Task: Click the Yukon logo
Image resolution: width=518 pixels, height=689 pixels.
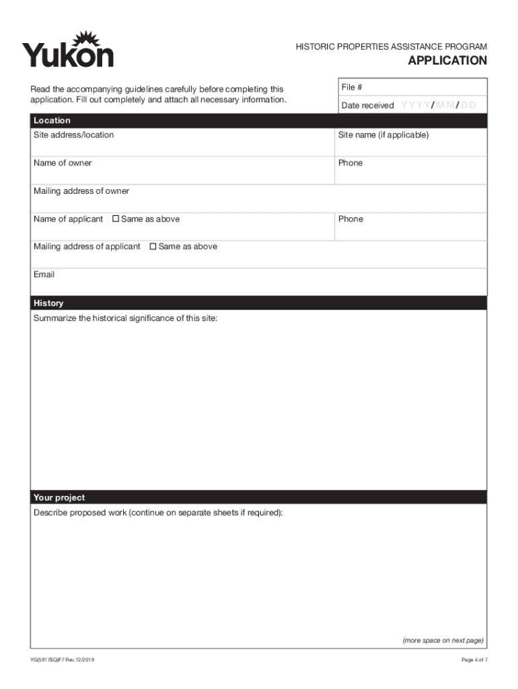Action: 68,50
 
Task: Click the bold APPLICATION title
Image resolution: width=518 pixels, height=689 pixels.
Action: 447,61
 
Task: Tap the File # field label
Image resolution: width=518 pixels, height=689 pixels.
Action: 352,87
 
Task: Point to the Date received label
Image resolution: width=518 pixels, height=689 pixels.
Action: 367,106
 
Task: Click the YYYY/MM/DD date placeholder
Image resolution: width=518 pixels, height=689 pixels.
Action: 439,106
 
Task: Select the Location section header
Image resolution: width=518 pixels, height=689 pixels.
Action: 52,120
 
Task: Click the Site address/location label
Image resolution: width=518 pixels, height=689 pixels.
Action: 74,135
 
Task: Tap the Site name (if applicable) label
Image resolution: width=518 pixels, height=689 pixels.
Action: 383,135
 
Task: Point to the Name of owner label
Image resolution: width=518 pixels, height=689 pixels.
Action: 63,164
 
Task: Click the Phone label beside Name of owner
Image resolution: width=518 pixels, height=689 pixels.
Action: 350,164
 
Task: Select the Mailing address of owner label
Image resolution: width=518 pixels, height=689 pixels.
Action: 81,192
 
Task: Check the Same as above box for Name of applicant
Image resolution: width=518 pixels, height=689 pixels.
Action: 116,219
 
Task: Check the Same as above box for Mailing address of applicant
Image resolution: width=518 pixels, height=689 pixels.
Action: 153,247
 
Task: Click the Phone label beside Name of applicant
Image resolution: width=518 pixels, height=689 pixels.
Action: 350,219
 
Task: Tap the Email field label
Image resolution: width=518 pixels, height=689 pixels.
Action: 44,275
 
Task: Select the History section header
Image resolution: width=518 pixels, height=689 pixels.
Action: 48,303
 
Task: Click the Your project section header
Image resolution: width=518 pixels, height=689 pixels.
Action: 59,498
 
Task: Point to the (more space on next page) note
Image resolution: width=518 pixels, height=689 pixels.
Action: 443,641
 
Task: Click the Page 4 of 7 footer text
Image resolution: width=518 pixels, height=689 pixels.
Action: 474,660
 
